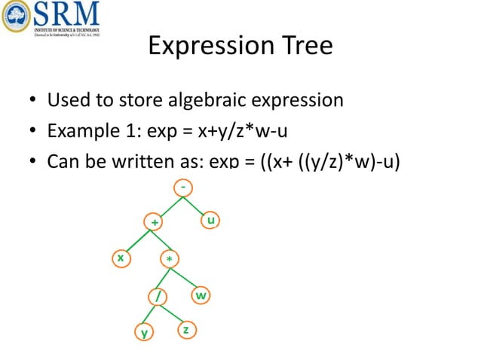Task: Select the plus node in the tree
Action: pos(155,222)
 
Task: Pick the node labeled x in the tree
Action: pos(119,258)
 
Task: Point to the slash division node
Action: pos(157,296)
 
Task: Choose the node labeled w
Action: pos(201,295)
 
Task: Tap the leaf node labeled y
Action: pos(143,331)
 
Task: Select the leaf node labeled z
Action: pos(185,330)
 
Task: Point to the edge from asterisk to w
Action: pos(185,278)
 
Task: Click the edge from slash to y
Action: pos(150,313)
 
